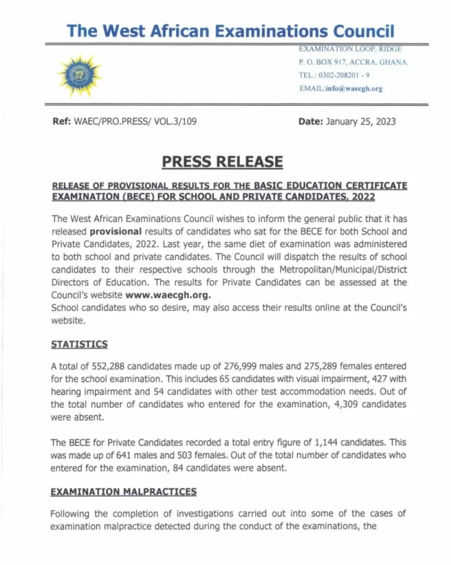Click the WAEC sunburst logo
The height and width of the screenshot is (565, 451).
pos(79,76)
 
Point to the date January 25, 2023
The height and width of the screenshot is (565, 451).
pos(361,122)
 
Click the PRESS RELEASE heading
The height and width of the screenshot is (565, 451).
pos(222,162)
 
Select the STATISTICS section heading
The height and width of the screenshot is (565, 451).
pos(79,344)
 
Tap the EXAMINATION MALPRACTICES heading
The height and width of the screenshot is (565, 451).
pos(123,491)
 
